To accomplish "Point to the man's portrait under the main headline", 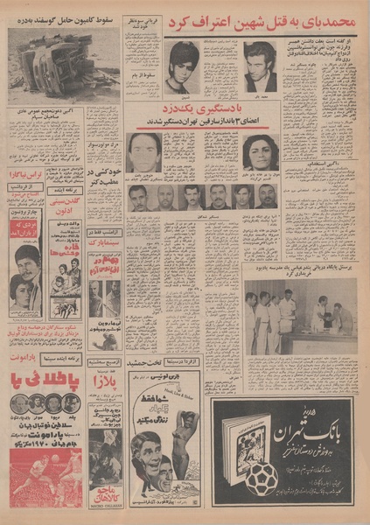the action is coord(260,66).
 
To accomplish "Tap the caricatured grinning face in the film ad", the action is coord(145,456).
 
